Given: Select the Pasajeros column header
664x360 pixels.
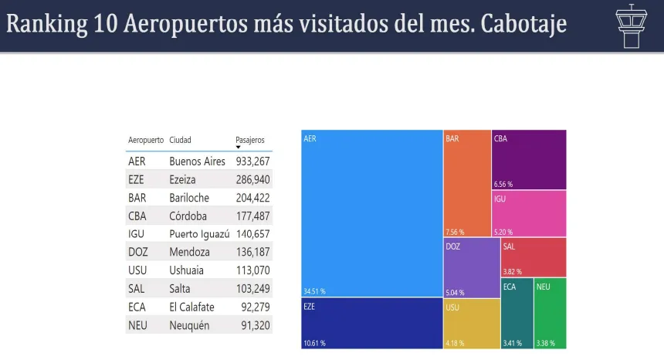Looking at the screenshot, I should [x=250, y=140].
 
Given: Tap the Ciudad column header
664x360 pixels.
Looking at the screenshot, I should [x=180, y=140].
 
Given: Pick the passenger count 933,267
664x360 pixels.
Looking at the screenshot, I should [x=252, y=161].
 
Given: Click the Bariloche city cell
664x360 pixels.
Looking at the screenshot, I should [x=189, y=198].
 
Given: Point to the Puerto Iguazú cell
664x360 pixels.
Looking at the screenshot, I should [x=199, y=234].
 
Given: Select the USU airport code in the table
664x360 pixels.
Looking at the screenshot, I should [x=137, y=270].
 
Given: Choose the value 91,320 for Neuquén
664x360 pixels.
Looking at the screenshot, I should [x=252, y=325].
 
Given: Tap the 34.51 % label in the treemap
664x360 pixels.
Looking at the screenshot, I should [x=314, y=291].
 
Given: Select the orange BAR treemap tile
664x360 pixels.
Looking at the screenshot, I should [x=466, y=183].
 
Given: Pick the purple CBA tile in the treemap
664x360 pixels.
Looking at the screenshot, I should [x=529, y=159].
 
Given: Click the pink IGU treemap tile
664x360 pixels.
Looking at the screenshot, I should [x=529, y=213].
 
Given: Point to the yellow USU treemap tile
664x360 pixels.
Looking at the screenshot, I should [x=471, y=323].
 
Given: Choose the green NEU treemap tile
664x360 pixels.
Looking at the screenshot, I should [x=550, y=312].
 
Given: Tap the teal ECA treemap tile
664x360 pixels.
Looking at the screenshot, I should [x=516, y=312].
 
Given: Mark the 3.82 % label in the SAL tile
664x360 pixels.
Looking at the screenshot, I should [x=513, y=272].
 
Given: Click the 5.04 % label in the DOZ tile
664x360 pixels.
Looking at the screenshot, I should [x=456, y=293].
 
